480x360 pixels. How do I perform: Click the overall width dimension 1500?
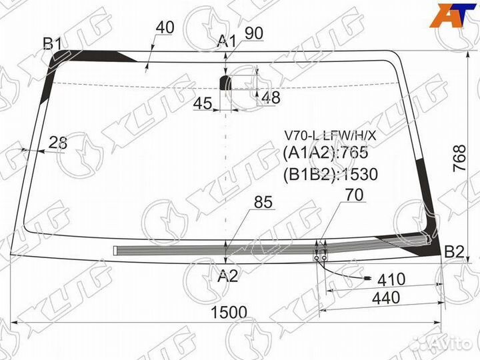click(x=229, y=313)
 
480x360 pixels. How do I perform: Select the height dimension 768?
click(x=459, y=159)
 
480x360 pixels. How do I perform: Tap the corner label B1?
click(x=53, y=44)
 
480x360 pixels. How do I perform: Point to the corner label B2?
click(x=454, y=252)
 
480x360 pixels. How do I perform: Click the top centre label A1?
click(x=227, y=41)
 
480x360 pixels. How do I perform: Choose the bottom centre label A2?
click(x=228, y=276)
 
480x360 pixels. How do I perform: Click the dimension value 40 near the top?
click(x=165, y=27)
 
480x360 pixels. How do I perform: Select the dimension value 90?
click(x=254, y=33)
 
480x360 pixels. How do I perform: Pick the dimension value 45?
click(x=203, y=103)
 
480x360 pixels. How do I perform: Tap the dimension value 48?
click(x=271, y=97)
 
